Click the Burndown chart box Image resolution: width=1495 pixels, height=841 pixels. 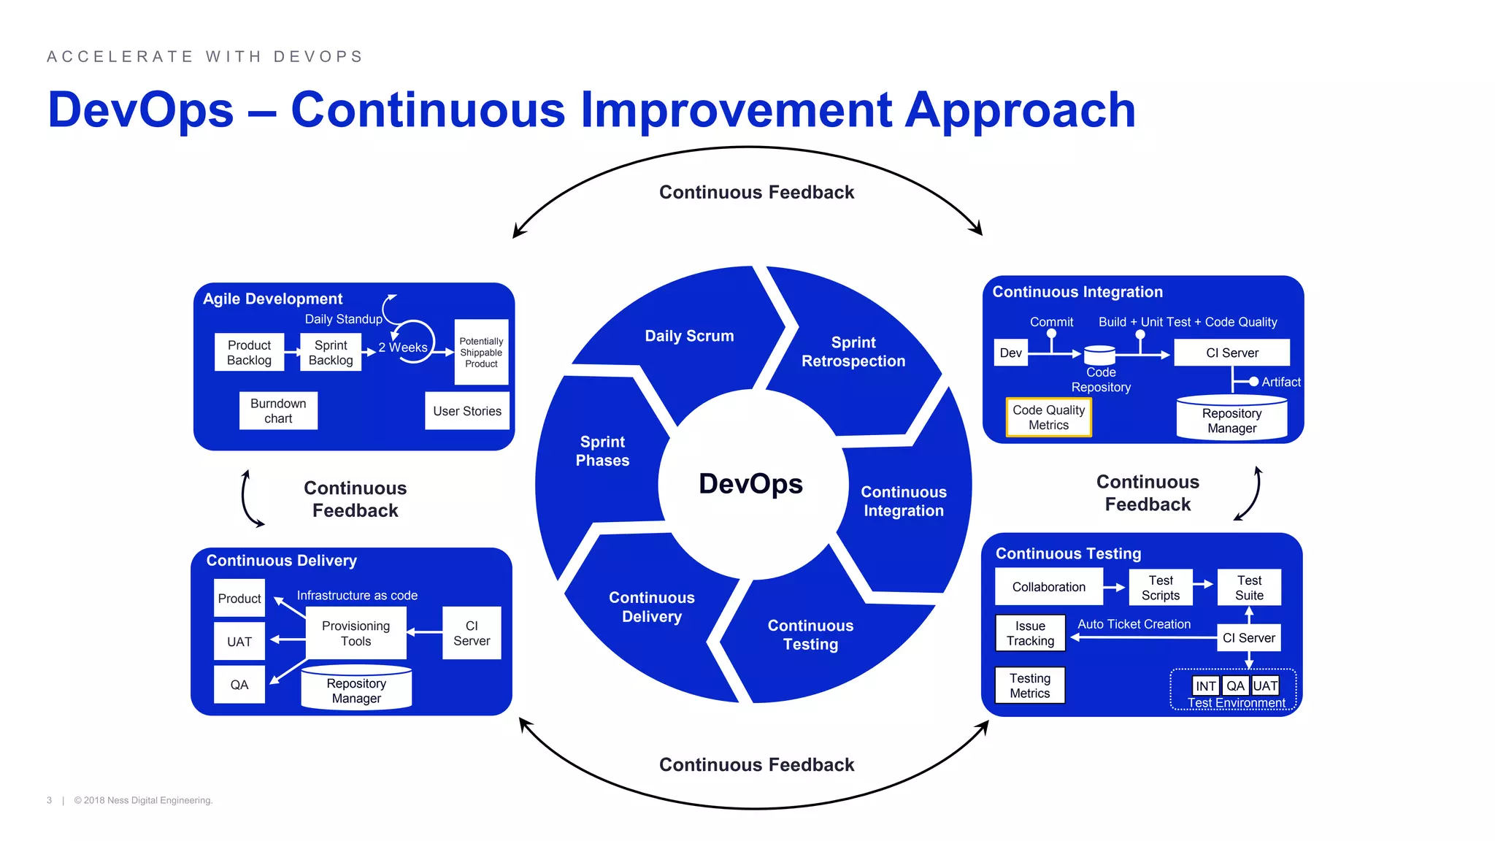coord(278,411)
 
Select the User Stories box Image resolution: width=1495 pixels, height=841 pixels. coord(467,411)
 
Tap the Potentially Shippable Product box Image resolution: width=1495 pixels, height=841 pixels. coord(481,353)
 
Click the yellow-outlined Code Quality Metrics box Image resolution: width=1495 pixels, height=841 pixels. coord(1048,418)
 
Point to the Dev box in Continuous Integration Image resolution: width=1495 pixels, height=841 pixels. coord(1010,353)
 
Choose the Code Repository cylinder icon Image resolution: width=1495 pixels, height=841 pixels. coord(1099,356)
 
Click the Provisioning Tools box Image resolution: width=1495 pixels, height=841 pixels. coord(356,634)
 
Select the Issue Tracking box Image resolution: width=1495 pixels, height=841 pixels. coord(1030,634)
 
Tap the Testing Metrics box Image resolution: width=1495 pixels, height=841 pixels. coord(1030,686)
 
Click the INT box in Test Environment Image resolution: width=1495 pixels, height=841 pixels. coord(1205,686)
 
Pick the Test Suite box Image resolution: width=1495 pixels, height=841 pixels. coord(1249,588)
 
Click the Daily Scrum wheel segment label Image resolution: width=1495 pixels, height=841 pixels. coord(689,336)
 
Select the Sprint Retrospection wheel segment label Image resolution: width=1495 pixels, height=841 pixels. coord(853,352)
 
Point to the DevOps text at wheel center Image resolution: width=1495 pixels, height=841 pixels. coord(750,484)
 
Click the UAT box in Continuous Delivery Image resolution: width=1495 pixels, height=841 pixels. coord(239,642)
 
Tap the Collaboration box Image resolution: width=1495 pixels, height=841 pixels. coord(1048,587)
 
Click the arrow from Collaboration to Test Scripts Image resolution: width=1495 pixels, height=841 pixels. coord(1115,587)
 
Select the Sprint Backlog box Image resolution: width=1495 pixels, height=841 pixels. coord(331,353)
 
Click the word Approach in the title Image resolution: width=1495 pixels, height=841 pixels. coord(1021,110)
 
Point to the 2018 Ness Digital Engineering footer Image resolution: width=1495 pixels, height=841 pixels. coord(143,800)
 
